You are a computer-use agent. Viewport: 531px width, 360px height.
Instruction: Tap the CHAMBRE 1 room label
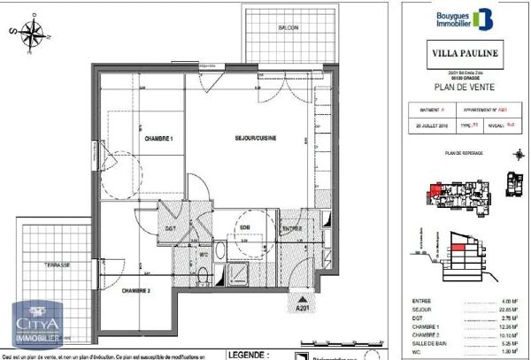[x=158, y=140]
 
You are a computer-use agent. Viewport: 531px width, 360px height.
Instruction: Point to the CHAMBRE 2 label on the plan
[x=137, y=291]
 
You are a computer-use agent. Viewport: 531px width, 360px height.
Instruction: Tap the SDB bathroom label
[x=243, y=228]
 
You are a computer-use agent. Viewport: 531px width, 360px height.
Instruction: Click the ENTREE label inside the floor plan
[x=291, y=228]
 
